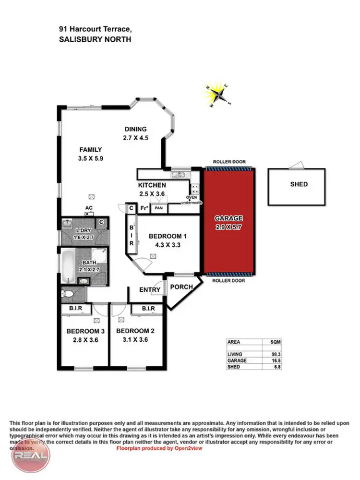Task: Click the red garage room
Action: [x=228, y=240]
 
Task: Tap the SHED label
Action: [x=299, y=184]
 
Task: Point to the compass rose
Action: [x=219, y=96]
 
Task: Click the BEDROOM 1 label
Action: [x=168, y=236]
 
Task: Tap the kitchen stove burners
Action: [x=195, y=189]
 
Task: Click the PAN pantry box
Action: [x=158, y=209]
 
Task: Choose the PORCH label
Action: [x=181, y=287]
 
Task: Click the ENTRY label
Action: [x=150, y=289]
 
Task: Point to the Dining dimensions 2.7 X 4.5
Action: [x=135, y=138]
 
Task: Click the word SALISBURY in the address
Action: [x=78, y=39]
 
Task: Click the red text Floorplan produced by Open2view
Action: [x=159, y=448]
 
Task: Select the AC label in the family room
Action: [x=89, y=208]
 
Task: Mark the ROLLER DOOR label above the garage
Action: [x=228, y=163]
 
